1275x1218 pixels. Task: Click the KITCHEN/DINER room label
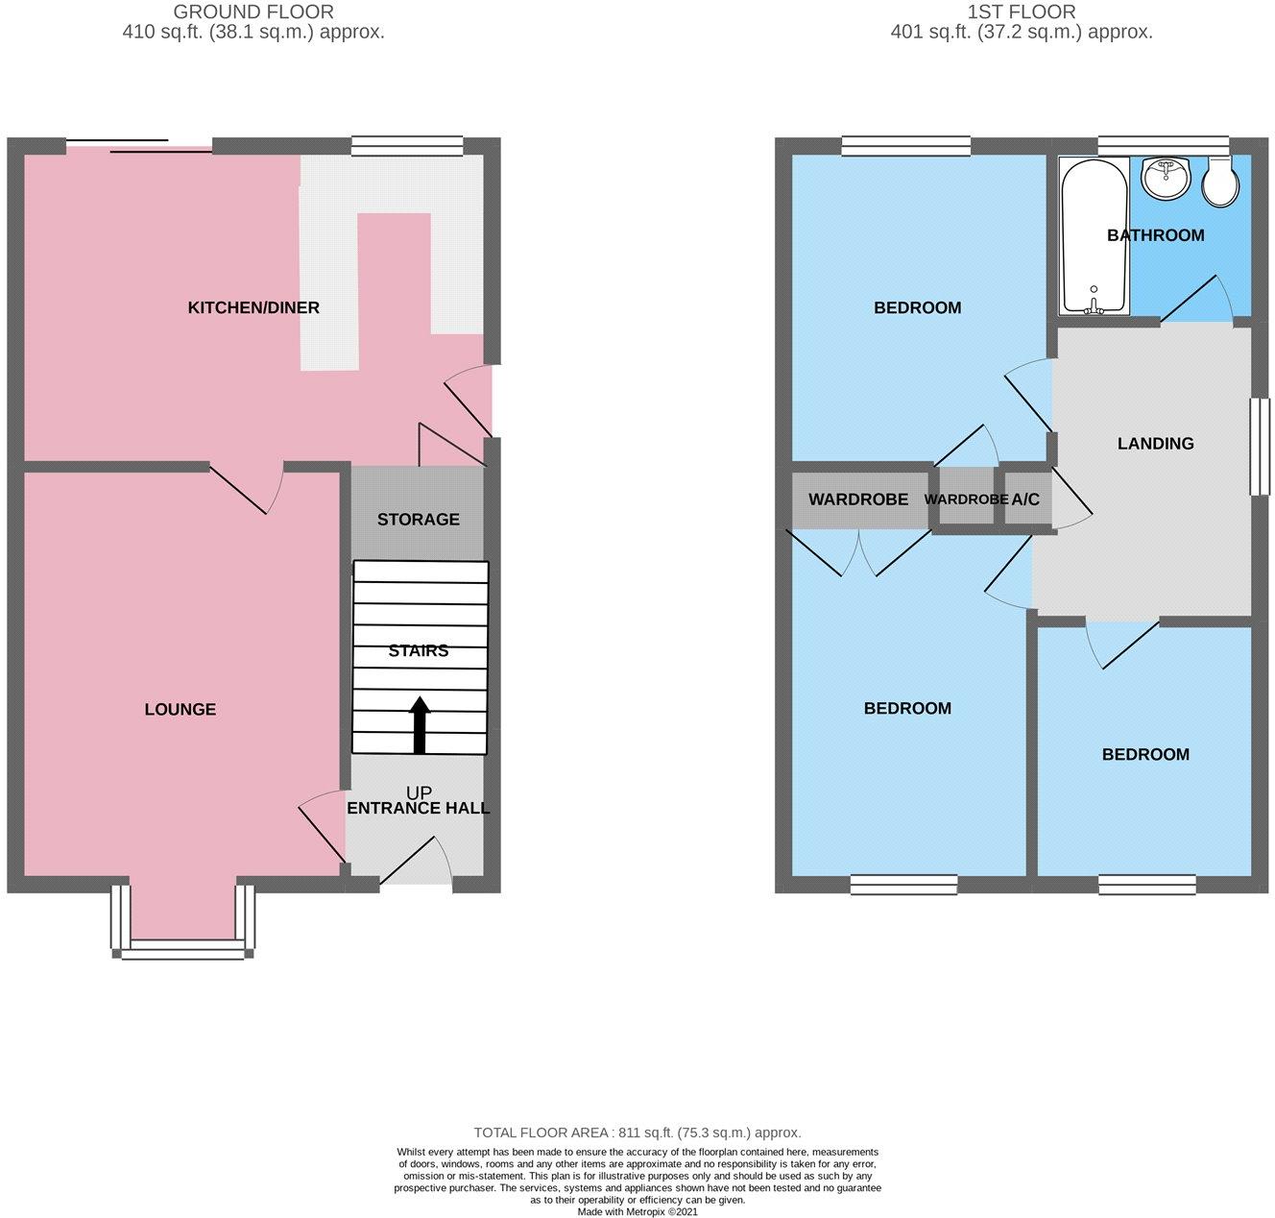[x=253, y=307]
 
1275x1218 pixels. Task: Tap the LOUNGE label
[x=180, y=709]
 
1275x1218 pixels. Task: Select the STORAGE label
[x=418, y=520]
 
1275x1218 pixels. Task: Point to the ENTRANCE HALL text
[x=418, y=808]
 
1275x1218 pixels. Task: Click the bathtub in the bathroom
[x=1095, y=235]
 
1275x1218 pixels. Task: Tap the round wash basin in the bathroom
[x=1165, y=177]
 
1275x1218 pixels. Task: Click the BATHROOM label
[x=1156, y=235]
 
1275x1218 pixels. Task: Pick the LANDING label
[x=1156, y=444]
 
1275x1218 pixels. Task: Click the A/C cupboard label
[x=1025, y=499]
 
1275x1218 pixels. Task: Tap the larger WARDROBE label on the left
[x=858, y=499]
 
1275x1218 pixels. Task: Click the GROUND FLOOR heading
[x=253, y=12]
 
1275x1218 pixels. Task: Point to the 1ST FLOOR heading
[x=1022, y=12]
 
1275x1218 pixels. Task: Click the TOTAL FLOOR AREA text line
[x=637, y=1133]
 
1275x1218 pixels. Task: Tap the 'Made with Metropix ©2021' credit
[x=637, y=1212]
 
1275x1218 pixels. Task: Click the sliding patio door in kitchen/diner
[x=139, y=146]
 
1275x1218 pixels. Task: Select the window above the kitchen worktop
[x=407, y=146]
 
